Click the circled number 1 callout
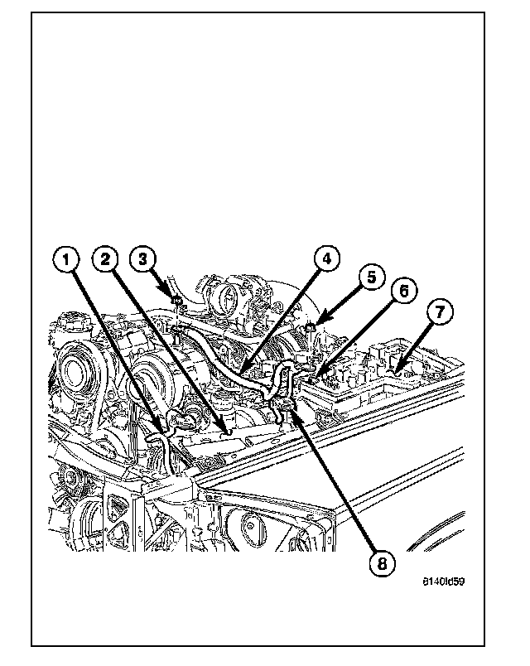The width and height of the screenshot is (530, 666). click(69, 260)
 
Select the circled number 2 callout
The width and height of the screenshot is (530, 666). click(106, 260)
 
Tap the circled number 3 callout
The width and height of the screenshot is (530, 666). click(142, 260)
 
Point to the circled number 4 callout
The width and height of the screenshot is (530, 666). click(325, 260)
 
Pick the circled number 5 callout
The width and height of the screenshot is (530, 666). click(371, 277)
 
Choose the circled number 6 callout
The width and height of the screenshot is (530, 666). click(404, 292)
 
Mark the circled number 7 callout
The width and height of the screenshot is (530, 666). click(440, 312)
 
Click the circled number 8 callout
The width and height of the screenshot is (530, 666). click(381, 564)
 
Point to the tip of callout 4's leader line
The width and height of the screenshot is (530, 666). click(247, 371)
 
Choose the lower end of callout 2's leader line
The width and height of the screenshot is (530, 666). click(225, 432)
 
